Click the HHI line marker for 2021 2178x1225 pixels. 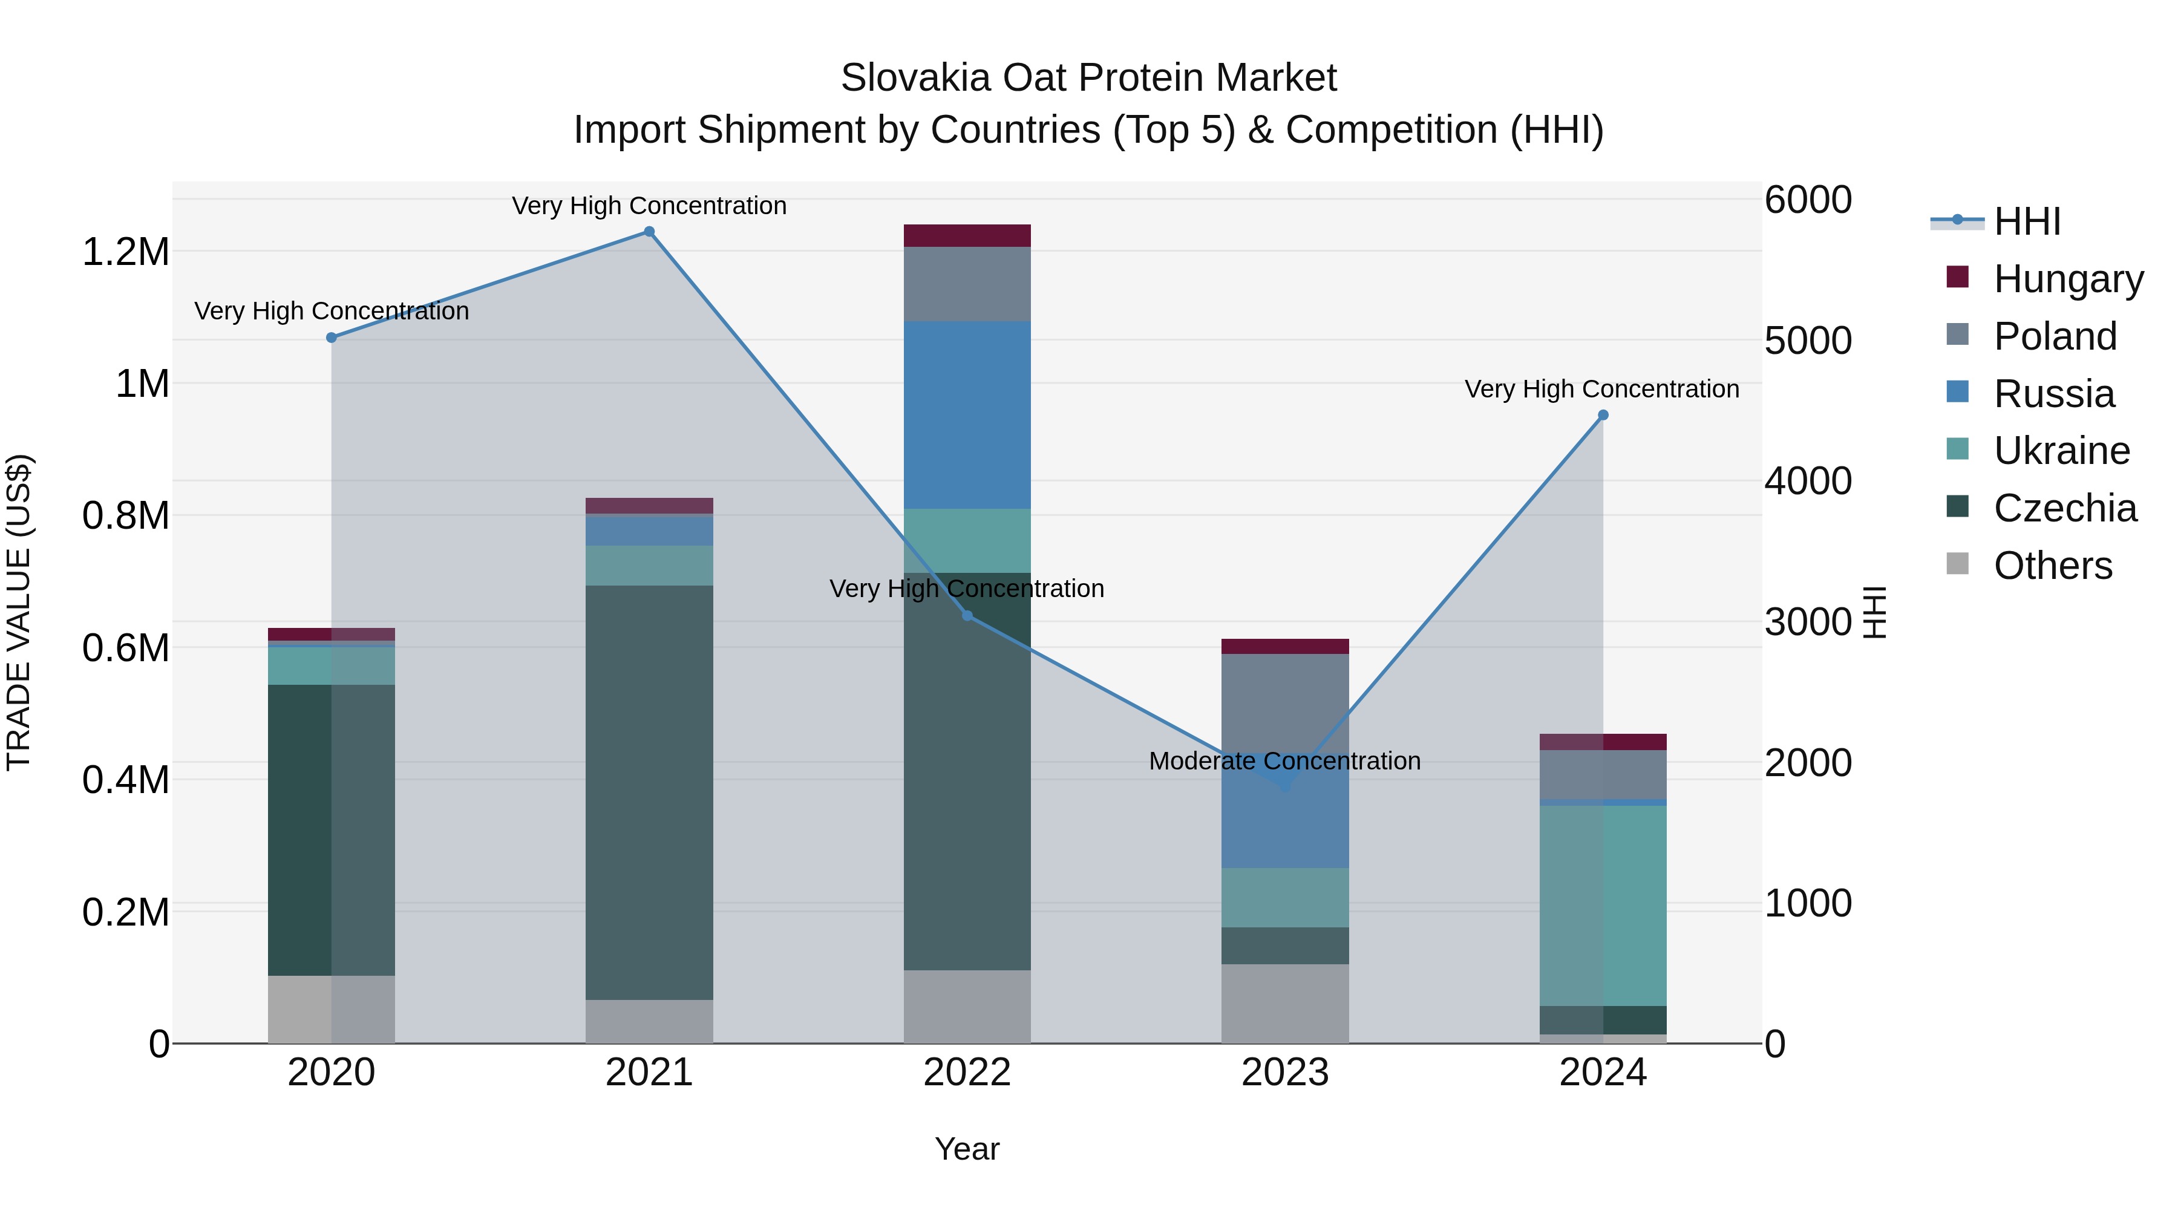tap(649, 232)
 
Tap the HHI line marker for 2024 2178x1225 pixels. tap(1603, 415)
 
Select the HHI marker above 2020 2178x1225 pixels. tap(332, 338)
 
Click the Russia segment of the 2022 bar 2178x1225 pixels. tap(967, 414)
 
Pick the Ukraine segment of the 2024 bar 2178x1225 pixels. tap(1603, 904)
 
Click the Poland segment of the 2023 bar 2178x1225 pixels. tap(1285, 702)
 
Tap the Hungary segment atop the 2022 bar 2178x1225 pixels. tap(967, 235)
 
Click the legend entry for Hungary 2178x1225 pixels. tap(2068, 279)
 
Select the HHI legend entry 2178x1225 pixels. tap(2027, 221)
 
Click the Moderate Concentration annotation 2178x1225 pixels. tap(1284, 761)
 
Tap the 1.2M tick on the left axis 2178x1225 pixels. tap(125, 252)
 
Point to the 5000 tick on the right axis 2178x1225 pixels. tap(1808, 341)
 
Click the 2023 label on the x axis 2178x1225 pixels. tap(1285, 1072)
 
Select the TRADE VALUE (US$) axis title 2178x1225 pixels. tap(19, 612)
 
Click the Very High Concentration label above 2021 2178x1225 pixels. tap(649, 206)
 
